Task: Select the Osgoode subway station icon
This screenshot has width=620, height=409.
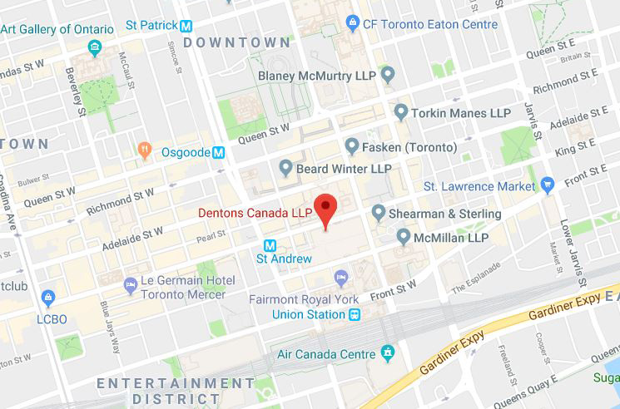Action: point(219,152)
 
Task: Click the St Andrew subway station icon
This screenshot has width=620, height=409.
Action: point(270,245)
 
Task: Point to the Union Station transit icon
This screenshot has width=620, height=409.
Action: point(355,314)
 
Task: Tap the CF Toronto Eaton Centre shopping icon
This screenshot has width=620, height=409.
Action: point(354,22)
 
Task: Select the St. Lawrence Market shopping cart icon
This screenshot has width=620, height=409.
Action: point(547,185)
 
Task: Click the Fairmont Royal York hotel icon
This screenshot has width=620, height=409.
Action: point(340,277)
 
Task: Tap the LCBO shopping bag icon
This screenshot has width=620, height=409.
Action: point(48,296)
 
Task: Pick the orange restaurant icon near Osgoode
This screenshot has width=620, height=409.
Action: point(146,150)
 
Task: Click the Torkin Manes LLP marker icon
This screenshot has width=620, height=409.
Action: point(401,111)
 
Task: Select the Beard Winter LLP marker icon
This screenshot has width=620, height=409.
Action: point(286,169)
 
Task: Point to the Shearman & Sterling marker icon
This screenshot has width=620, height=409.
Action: point(379,214)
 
